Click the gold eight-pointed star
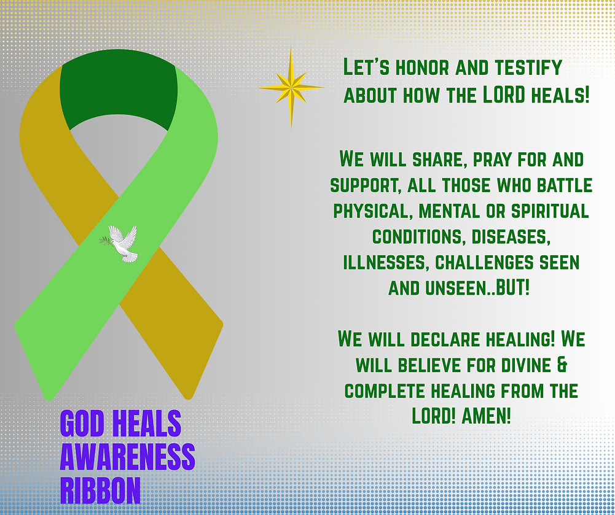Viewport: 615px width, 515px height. (291, 88)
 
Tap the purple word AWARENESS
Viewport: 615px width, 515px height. (127, 457)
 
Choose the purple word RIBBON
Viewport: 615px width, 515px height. (100, 489)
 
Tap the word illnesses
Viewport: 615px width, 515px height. (385, 262)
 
